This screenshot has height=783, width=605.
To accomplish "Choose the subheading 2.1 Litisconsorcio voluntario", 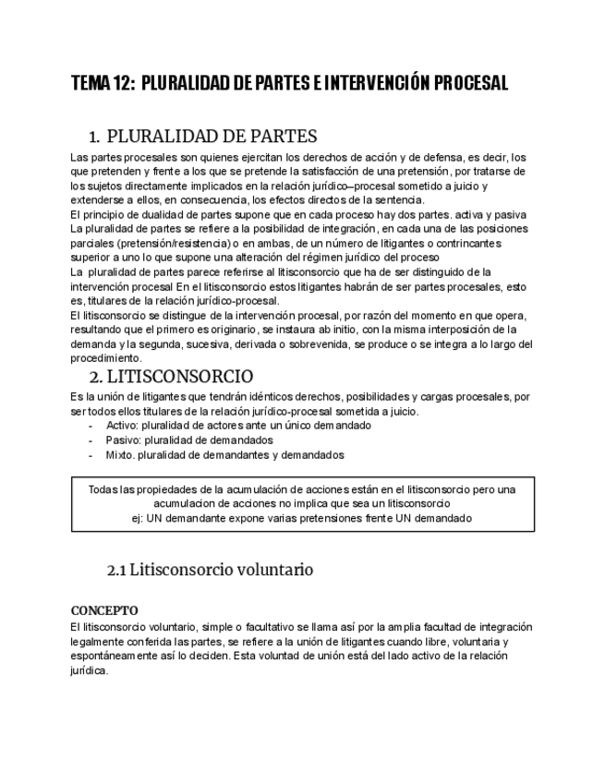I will (x=210, y=570).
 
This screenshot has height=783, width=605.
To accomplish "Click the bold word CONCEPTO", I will (x=104, y=610).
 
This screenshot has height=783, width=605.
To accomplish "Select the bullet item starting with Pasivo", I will (x=202, y=440).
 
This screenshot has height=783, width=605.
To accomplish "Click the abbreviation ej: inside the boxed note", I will (x=139, y=518).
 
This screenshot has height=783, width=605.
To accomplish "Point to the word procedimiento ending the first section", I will (x=106, y=357).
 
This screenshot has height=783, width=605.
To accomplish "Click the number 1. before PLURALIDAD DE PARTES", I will (x=94, y=138).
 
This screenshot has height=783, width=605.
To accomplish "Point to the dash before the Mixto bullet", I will (x=90, y=455).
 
